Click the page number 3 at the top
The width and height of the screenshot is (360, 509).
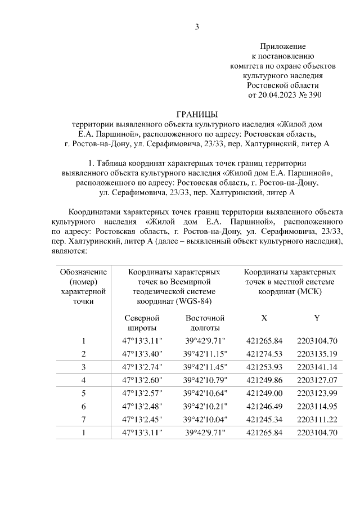coord(197,26)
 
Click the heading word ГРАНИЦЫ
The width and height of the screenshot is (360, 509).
coord(197,113)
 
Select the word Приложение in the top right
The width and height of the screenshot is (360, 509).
coord(283,46)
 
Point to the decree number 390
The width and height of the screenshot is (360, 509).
coord(315,95)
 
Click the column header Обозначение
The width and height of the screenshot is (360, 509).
coord(83,272)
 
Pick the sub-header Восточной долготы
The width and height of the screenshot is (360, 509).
coord(205,323)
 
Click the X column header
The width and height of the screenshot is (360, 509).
coord(264,318)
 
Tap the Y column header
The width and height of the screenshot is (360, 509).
coord(317,318)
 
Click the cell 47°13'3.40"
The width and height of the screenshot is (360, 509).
coord(143,354)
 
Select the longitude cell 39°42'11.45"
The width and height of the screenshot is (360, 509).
coord(205,367)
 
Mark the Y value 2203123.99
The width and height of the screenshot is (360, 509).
coord(317,393)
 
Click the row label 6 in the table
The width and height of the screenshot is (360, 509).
coord(83,406)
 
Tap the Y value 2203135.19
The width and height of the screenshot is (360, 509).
coord(317,354)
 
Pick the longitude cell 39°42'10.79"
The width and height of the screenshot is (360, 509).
coord(205,380)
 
